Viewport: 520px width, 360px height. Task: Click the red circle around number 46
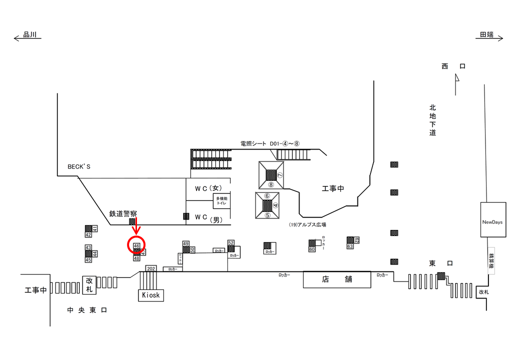136,244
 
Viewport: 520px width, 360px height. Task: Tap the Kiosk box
150,295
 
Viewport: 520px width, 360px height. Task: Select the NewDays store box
492,220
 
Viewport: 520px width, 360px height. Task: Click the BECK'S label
79,166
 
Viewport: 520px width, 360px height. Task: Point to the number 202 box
151,268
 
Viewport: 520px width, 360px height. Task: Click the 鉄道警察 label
123,213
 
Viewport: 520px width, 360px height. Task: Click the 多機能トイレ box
222,201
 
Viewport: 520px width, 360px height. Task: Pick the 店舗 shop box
337,279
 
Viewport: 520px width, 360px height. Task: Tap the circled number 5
267,215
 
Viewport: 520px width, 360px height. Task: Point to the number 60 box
311,249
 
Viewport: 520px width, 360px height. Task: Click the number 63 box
350,246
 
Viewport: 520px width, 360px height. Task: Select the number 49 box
186,243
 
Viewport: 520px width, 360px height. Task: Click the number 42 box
88,234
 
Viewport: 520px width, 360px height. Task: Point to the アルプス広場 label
307,225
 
